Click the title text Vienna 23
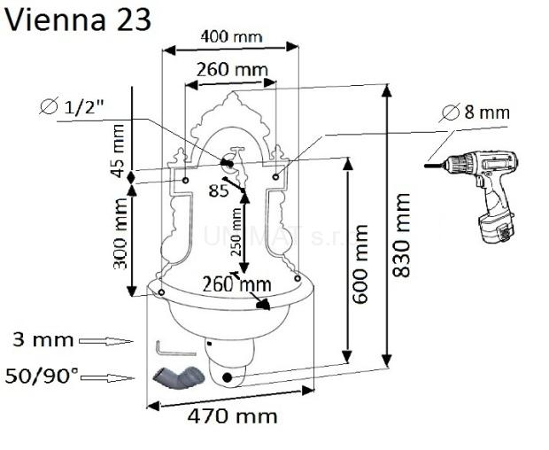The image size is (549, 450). click(x=76, y=19)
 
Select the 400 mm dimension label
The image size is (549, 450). click(x=232, y=36)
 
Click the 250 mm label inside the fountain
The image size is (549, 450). click(x=236, y=231)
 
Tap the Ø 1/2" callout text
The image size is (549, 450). click(x=84, y=107)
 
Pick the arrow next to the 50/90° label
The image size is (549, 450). click(x=108, y=376)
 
